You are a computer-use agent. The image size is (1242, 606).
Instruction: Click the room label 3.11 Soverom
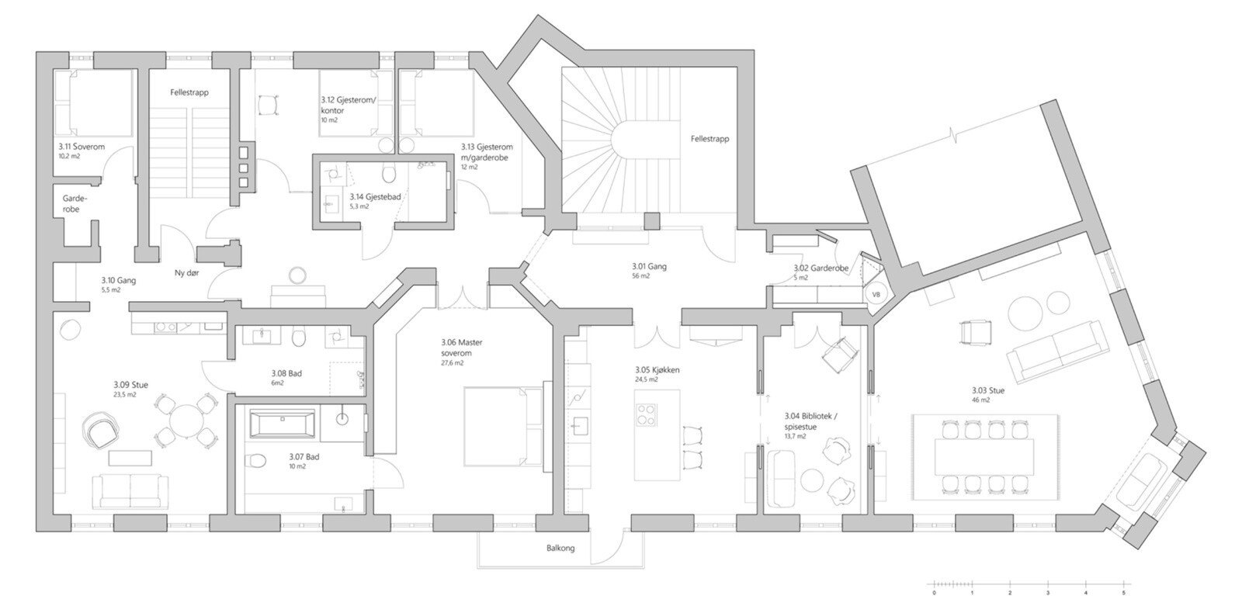pos(82,147)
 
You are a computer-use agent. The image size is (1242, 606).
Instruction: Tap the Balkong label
pos(560,549)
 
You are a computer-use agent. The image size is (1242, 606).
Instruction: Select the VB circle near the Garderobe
pos(876,295)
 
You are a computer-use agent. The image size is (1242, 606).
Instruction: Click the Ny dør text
pos(187,273)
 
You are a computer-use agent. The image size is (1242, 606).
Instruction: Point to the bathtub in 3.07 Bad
pos(283,424)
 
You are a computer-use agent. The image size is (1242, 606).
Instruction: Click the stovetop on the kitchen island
pos(646,414)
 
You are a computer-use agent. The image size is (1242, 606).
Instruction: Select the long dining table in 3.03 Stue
pos(984,456)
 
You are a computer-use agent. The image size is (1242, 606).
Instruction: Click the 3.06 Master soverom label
pos(457,348)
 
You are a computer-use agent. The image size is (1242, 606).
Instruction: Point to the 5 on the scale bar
pos(1124,594)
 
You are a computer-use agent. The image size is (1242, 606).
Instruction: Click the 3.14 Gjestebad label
pos(375,197)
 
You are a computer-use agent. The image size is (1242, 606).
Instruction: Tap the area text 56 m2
pos(640,276)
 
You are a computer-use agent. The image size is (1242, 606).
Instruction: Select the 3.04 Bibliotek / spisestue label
pos(810,421)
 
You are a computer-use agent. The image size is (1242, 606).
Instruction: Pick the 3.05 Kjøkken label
pos(657,370)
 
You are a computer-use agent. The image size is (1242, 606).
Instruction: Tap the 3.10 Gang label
pos(118,281)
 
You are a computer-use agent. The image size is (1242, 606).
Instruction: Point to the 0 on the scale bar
pos(935,594)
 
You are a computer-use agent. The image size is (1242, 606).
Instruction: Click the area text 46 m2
pos(980,400)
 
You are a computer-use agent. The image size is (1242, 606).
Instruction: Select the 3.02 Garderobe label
pos(820,268)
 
